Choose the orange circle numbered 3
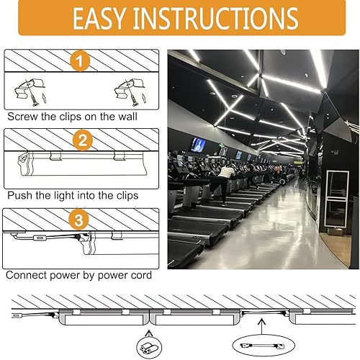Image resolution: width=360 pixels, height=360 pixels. tap(81, 218)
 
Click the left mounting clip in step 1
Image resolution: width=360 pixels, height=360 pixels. tap(30, 91)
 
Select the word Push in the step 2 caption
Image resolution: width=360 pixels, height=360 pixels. tap(19, 195)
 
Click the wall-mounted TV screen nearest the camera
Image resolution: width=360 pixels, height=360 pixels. tap(197, 145)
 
